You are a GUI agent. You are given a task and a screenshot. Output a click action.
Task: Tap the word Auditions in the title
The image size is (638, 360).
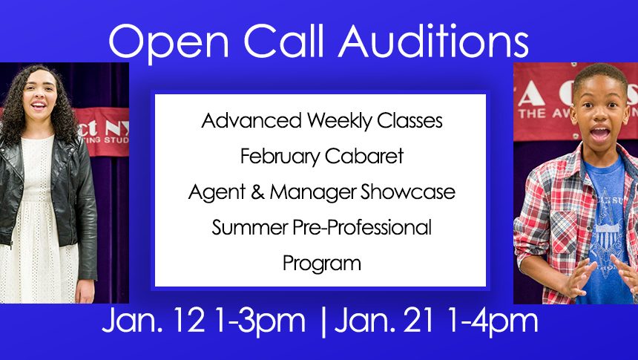point(433,40)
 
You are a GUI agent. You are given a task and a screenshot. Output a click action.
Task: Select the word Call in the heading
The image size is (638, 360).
point(283,40)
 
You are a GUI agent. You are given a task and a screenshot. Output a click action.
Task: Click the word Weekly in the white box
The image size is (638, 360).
point(339,121)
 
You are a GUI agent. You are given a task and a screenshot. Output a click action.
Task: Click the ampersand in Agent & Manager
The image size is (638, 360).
point(257,192)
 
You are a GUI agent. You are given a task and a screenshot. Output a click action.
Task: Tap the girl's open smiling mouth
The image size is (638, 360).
point(39,105)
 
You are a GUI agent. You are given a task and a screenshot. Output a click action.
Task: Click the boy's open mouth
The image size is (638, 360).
point(599,134)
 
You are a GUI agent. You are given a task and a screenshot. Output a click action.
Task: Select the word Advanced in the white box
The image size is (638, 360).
point(251,120)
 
